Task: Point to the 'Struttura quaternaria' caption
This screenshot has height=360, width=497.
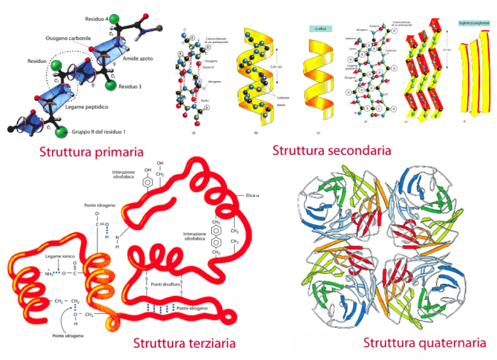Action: (x=425, y=342)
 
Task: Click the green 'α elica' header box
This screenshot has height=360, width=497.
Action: (x=319, y=28)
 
